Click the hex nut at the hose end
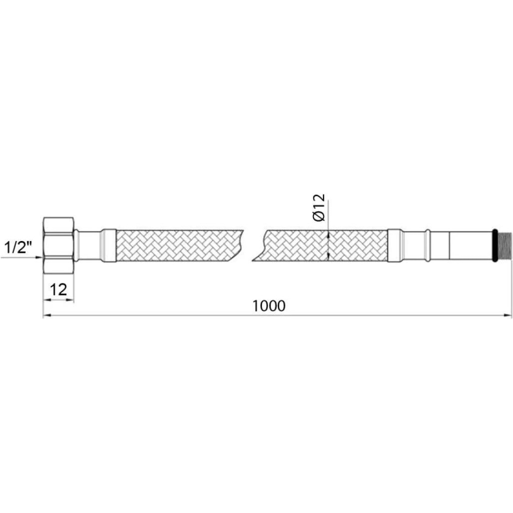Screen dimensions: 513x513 coord(59,250)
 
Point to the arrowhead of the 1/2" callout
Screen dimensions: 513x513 coord(40,257)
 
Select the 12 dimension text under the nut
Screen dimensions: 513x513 coord(58,289)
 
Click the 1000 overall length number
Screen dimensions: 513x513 coord(269,306)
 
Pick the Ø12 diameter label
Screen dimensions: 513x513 coord(319,208)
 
